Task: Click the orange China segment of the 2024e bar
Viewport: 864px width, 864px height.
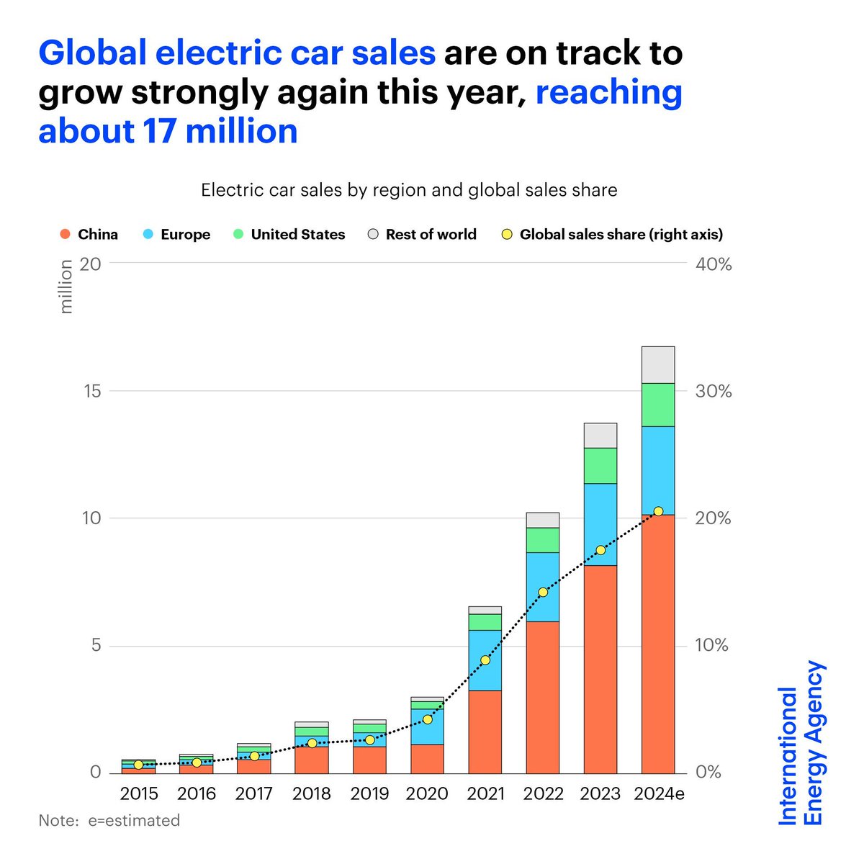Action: [657, 648]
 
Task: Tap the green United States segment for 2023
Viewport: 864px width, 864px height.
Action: [600, 466]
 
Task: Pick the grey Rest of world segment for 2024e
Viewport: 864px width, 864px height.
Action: [657, 365]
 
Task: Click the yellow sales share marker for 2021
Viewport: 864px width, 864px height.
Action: [485, 660]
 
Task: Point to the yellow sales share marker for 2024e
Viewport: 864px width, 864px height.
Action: [658, 511]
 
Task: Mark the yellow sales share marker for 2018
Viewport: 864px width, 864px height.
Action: [312, 743]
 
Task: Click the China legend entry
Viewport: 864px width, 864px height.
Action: [89, 235]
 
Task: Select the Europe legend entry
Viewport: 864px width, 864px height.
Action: [177, 235]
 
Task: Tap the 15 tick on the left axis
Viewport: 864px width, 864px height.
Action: [91, 392]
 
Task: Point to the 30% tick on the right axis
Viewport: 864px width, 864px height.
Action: [713, 392]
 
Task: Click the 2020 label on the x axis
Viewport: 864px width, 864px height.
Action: [427, 794]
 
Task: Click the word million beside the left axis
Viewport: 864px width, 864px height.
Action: [66, 287]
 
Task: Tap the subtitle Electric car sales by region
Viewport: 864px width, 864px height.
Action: [409, 190]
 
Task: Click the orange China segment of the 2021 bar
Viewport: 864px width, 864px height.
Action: [485, 731]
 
